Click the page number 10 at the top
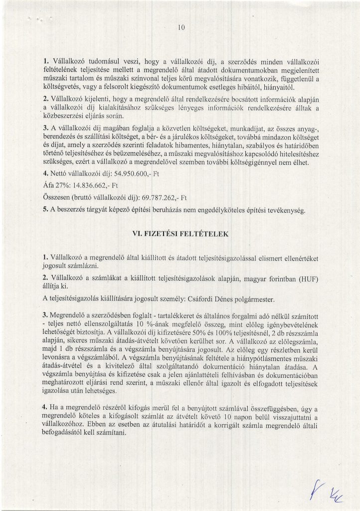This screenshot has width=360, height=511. coord(180,29)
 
